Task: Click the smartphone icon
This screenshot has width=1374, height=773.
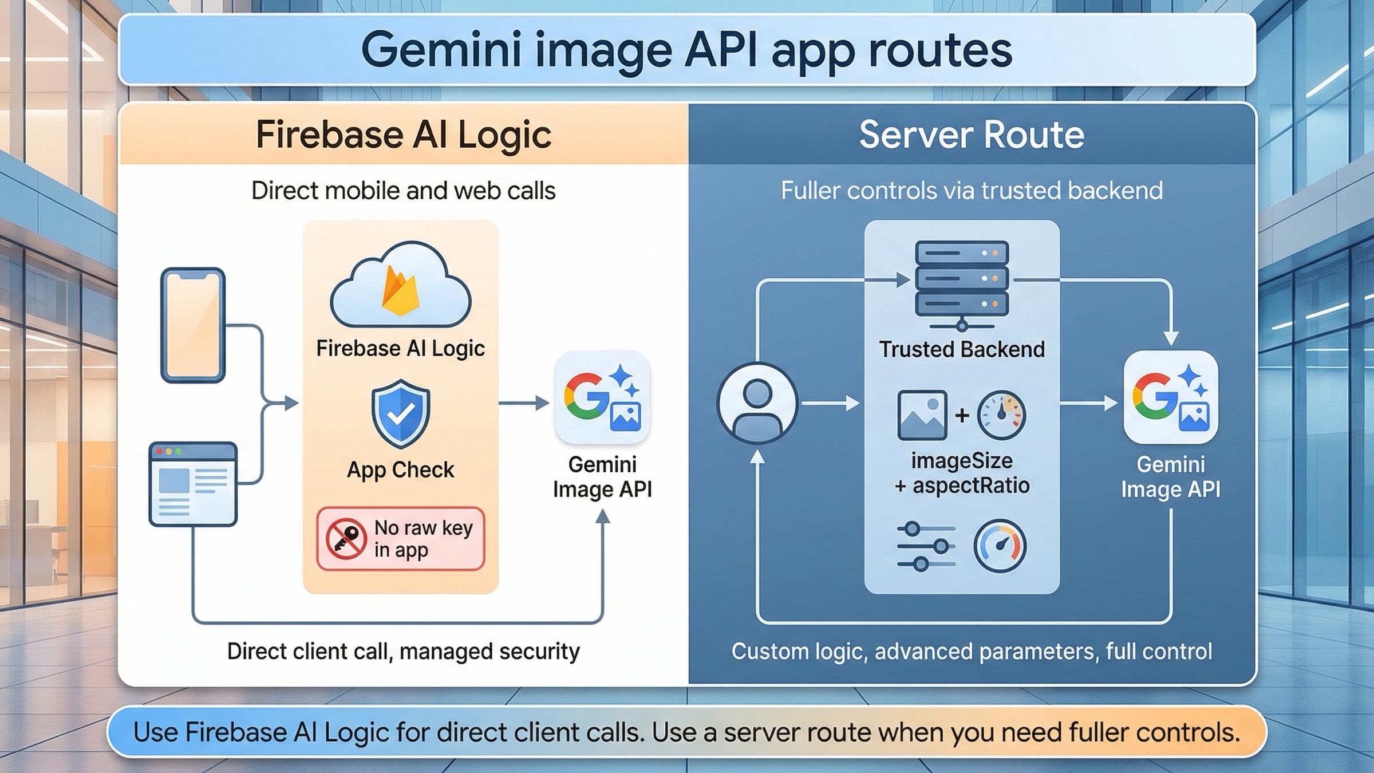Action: [193, 325]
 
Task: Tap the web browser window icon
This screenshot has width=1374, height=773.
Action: [193, 484]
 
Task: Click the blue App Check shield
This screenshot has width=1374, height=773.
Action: [400, 413]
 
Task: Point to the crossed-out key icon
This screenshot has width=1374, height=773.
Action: [346, 538]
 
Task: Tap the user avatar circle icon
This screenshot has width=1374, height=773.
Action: [757, 404]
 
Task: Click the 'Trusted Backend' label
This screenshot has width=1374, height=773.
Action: [962, 349]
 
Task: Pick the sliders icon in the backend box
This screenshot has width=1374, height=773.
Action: [926, 546]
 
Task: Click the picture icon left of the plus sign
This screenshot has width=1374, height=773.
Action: [922, 415]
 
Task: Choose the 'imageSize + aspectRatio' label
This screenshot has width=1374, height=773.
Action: [962, 473]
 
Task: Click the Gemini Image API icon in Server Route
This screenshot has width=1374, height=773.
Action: [1171, 397]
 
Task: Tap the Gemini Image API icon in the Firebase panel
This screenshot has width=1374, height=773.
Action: [602, 397]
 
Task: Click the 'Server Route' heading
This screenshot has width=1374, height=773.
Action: [972, 135]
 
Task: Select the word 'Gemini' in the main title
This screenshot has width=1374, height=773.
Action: [441, 50]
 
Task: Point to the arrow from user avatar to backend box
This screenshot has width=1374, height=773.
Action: [830, 404]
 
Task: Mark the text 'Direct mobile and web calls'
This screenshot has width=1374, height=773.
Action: [403, 191]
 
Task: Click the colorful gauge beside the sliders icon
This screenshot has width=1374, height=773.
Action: [1000, 546]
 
